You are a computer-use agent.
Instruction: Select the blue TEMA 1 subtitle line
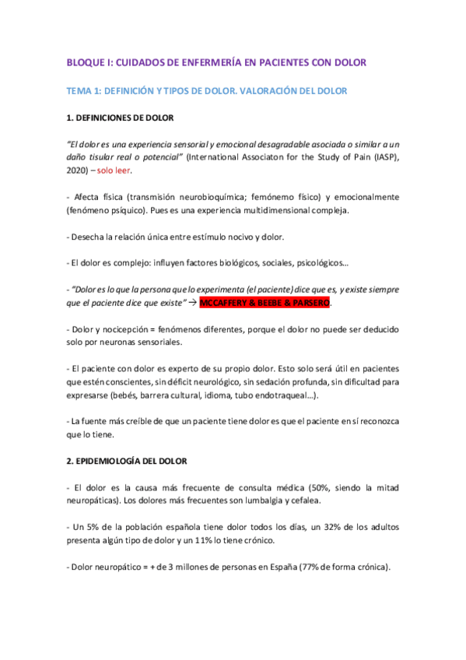coord(206,91)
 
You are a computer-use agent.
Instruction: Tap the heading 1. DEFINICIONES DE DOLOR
coord(121,118)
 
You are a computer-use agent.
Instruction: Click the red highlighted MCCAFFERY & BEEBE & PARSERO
coord(265,301)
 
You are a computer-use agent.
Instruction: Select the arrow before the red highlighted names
coord(191,301)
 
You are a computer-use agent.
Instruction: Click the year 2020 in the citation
coord(79,170)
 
